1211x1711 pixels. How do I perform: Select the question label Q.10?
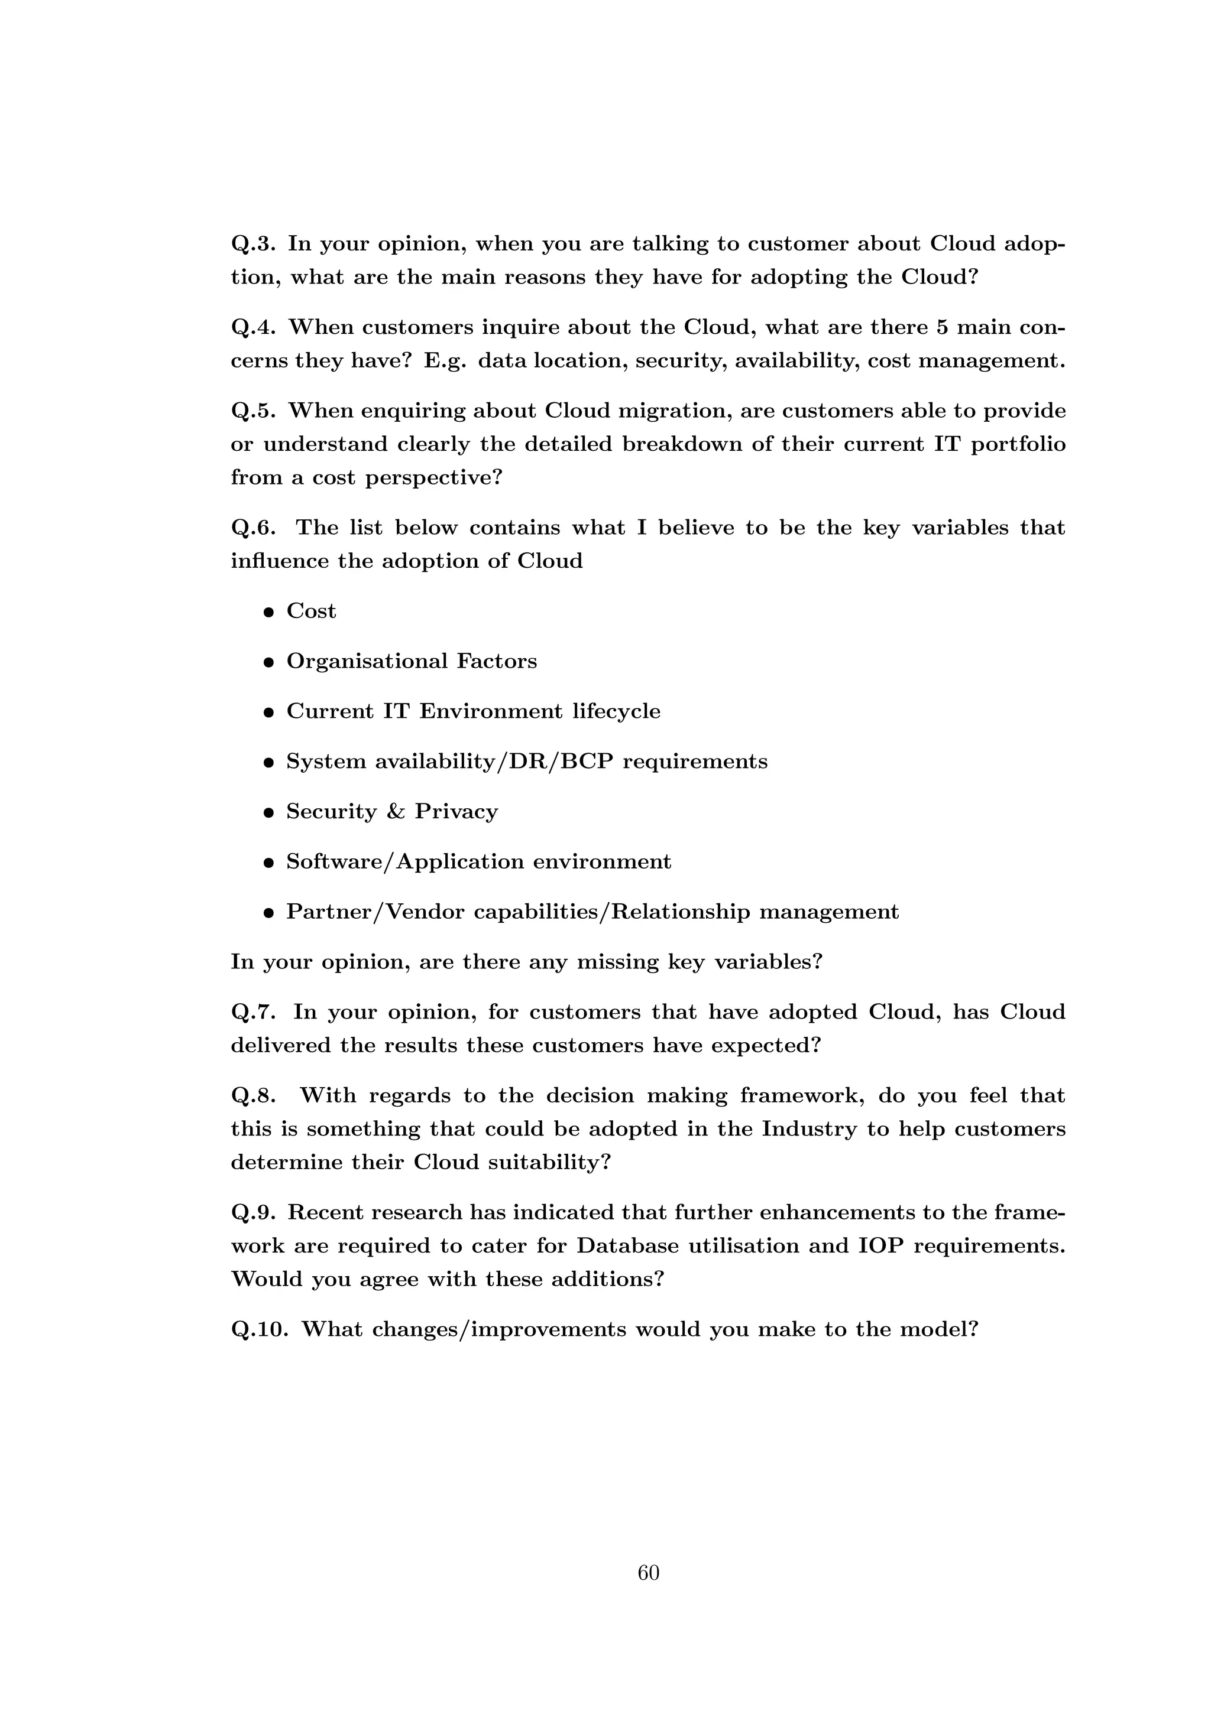260,1329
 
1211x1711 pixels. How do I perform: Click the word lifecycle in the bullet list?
616,712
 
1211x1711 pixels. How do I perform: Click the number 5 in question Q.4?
942,327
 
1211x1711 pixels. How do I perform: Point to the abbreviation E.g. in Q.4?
445,362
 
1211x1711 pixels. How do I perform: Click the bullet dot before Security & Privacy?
269,813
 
